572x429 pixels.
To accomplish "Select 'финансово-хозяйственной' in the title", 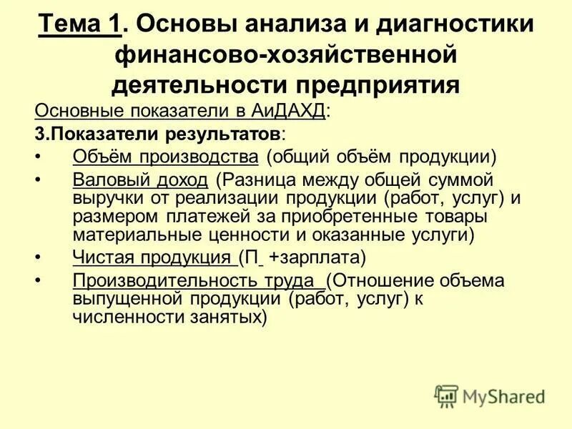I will coord(285,54).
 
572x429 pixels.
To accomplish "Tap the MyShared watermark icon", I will coord(447,395).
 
